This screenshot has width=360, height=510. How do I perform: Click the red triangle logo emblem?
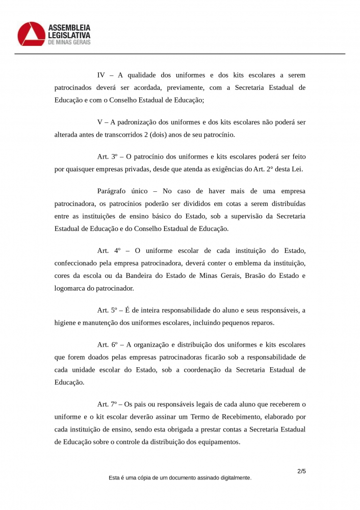pos(31,34)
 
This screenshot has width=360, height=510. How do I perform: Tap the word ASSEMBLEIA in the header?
pos(69,27)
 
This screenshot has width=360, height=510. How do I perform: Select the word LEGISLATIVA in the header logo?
pos(69,35)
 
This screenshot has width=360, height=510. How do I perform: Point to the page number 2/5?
pos(301,471)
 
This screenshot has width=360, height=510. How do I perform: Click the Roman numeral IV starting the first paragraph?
pos(101,75)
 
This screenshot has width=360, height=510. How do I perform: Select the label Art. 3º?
pos(108,156)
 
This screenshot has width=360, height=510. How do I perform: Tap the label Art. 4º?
pos(108,251)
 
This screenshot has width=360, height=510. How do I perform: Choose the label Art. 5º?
pos(108,310)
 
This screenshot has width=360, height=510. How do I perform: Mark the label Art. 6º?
pos(108,345)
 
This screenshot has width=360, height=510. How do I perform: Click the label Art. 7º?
pos(108,404)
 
